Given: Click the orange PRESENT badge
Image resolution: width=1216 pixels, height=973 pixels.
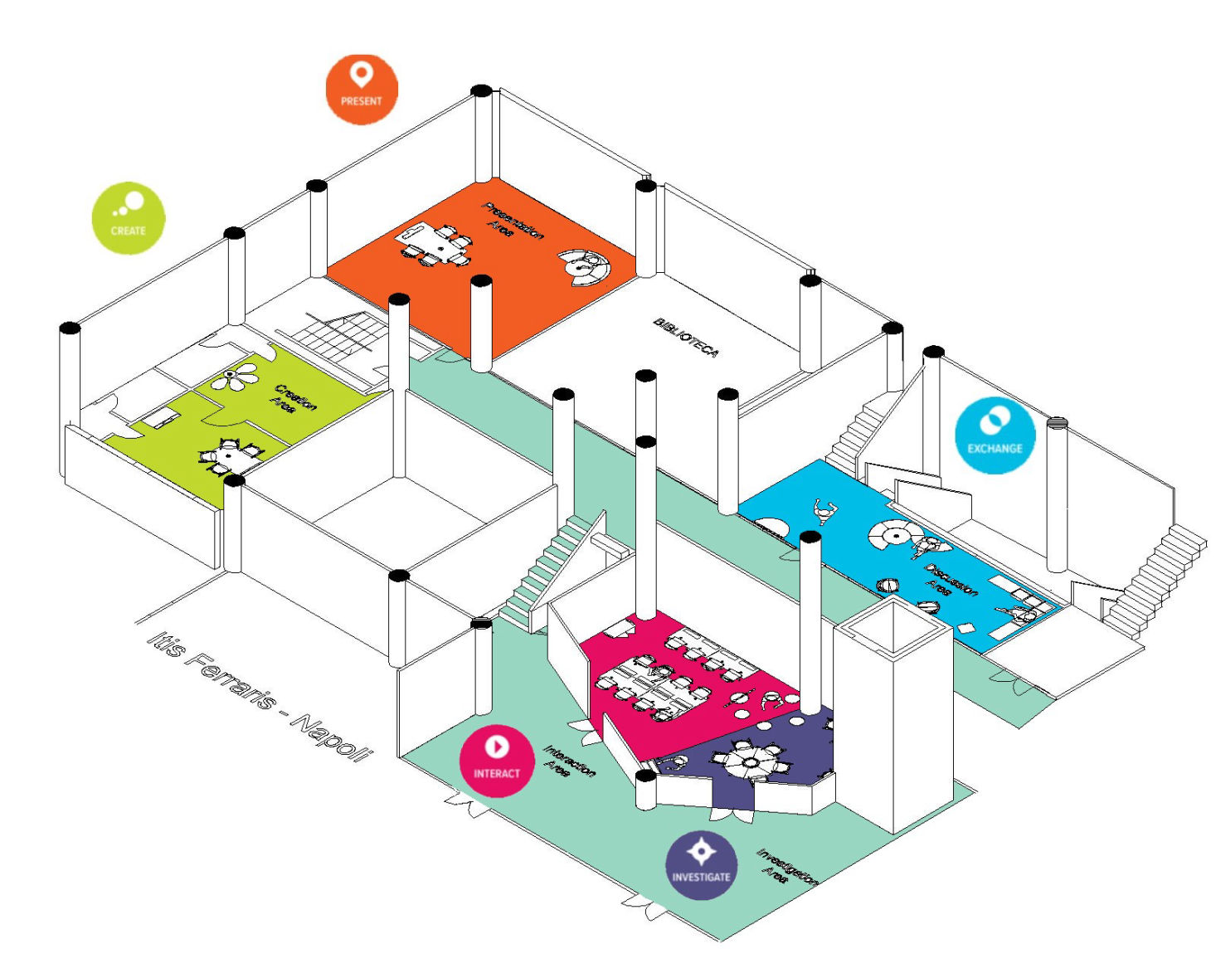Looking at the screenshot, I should click(362, 90).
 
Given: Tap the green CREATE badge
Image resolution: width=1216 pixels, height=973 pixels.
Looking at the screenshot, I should click(129, 217).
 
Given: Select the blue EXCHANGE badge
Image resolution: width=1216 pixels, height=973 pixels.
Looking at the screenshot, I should click(995, 435).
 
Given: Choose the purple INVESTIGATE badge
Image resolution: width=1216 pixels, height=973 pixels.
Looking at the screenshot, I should click(701, 865).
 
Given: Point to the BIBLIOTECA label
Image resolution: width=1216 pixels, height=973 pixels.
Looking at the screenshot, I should click(685, 337).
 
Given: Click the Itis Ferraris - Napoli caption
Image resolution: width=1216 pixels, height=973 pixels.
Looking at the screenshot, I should click(260, 696).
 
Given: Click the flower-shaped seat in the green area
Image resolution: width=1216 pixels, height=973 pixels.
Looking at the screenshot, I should click(236, 377).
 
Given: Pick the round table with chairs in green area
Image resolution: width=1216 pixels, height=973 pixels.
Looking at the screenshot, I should click(227, 455).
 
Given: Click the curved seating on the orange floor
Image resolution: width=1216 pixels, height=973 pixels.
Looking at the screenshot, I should click(585, 266).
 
